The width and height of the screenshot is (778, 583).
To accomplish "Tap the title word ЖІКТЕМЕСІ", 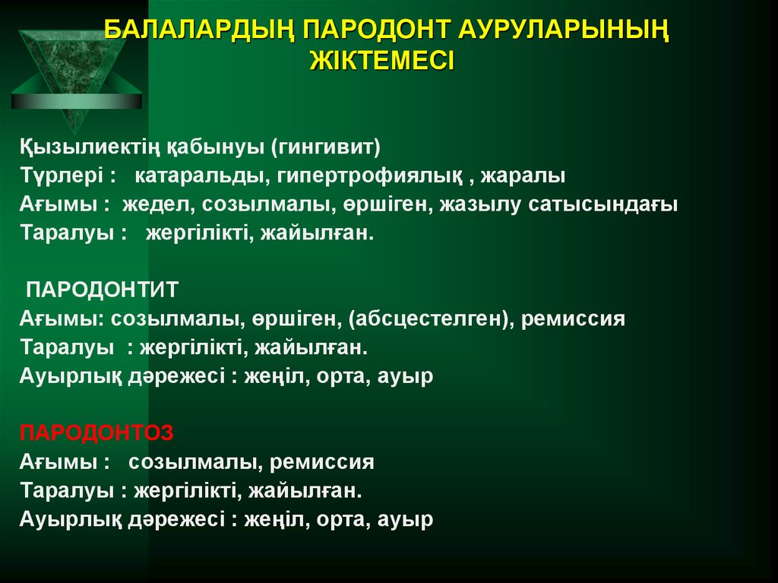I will click(x=381, y=60).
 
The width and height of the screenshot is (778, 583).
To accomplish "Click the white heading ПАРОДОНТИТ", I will click(x=103, y=290).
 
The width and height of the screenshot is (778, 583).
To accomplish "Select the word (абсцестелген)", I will click(x=429, y=318).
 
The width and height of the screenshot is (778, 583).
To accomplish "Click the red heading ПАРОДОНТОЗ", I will click(x=96, y=432).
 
